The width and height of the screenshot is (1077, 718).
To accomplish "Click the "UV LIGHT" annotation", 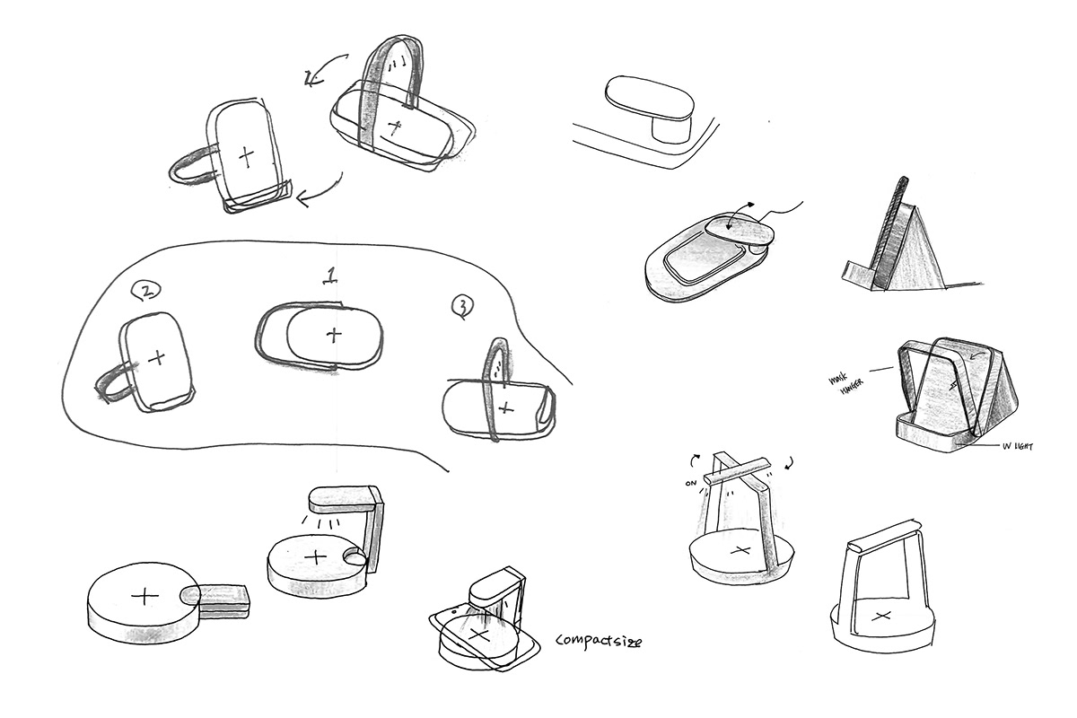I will point(1015,445).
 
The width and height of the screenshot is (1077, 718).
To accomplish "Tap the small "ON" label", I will point(690,483).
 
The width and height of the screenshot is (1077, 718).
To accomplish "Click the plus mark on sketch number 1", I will point(334,336).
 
